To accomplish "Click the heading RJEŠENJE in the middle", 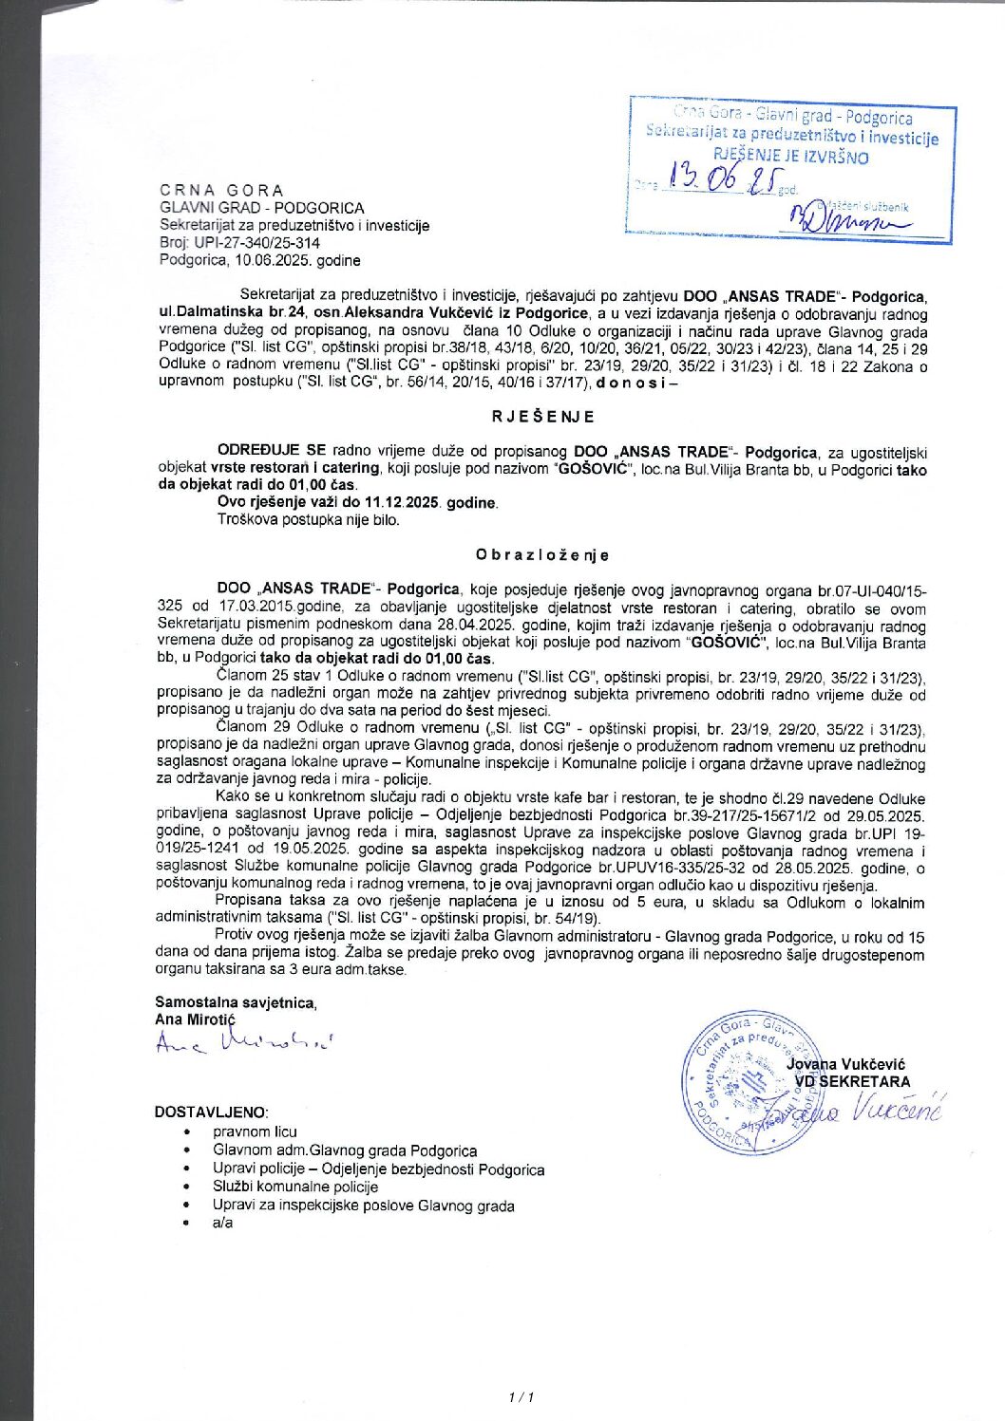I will (543, 416).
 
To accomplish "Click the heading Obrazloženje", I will (542, 554).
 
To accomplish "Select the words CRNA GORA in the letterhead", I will (221, 190).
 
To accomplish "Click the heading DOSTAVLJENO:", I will (211, 1112).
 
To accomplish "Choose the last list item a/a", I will (222, 1223).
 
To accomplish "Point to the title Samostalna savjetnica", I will (236, 1001).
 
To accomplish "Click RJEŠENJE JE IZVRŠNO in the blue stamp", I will (790, 157).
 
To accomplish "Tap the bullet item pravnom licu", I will (255, 1131).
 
